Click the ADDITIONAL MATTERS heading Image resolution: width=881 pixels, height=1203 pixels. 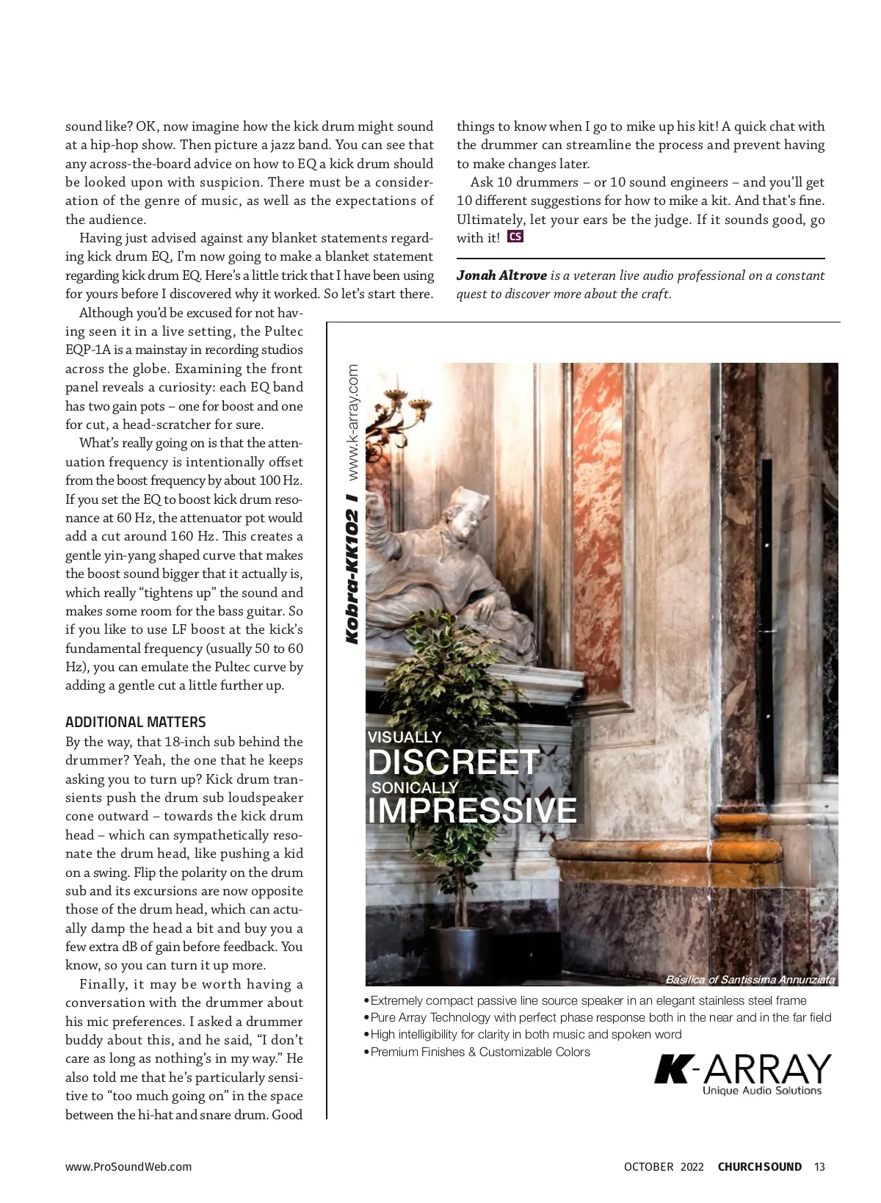pos(136,722)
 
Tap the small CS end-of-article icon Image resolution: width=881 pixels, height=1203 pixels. pos(515,236)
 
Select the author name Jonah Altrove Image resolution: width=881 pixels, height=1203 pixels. pos(501,275)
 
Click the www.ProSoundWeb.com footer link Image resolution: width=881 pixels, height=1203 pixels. pos(128,1166)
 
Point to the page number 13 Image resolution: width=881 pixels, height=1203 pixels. pos(819,1166)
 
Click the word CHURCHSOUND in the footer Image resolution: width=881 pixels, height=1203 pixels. pos(759,1166)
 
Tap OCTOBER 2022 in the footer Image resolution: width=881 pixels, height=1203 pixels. pos(664,1166)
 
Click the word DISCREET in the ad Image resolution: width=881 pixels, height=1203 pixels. pos(454,762)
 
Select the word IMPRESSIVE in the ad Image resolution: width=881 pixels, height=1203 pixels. pos(472,810)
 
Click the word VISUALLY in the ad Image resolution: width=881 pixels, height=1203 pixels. pos(405,737)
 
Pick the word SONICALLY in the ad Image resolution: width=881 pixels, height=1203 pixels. pos(415,787)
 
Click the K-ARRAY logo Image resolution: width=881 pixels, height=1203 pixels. pos(742,1069)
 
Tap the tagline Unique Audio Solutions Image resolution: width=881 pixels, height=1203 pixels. pos(761,1091)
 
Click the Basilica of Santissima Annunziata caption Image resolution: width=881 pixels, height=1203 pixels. pos(749,979)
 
